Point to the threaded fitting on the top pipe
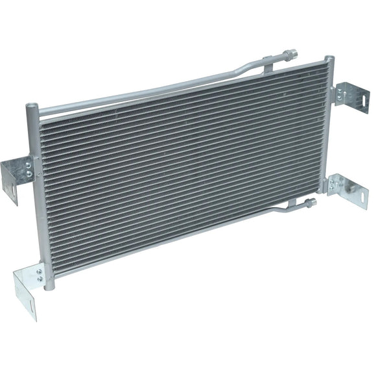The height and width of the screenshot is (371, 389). (x=289, y=53)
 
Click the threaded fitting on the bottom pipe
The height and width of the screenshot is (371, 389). (x=309, y=203)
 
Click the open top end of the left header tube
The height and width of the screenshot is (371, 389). (x=30, y=106)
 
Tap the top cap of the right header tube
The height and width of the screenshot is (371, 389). (x=329, y=60)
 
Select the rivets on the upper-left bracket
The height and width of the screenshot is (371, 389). (x=29, y=170)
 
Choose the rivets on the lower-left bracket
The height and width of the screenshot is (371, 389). (x=40, y=275)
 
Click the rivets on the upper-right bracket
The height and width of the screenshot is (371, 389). (x=340, y=96)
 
